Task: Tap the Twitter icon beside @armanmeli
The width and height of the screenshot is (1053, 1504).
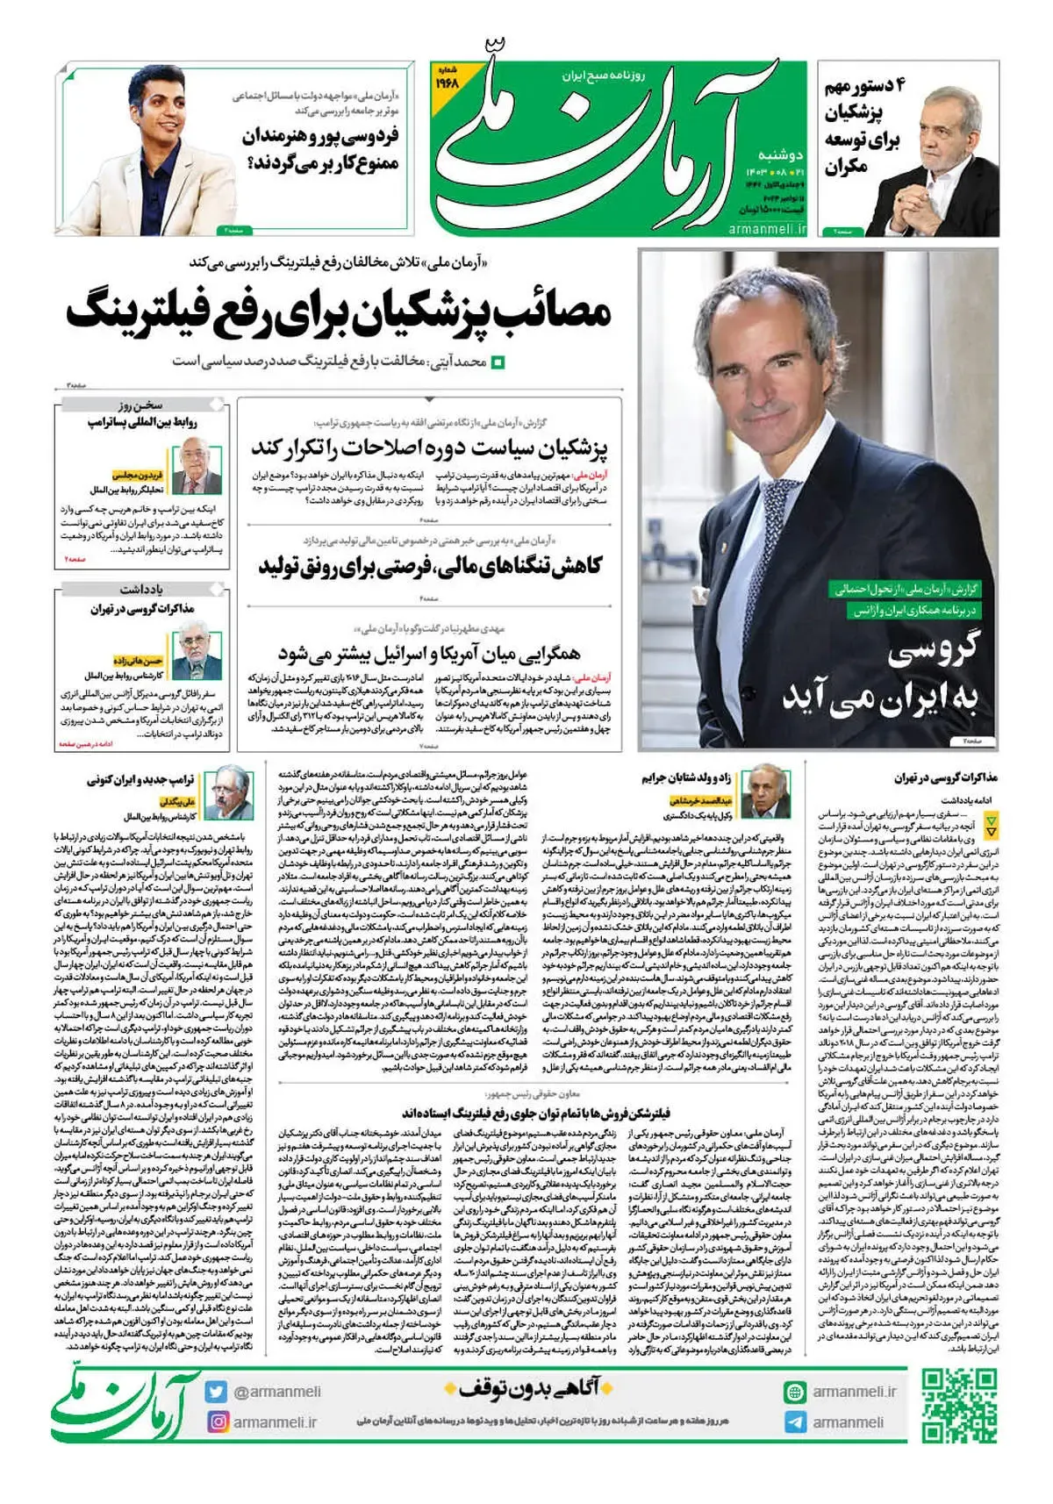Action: point(216,1392)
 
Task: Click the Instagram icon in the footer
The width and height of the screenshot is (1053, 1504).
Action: point(217,1422)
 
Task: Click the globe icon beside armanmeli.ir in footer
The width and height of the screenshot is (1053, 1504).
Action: point(795,1392)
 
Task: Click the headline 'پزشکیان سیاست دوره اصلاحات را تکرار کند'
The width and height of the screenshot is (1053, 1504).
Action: point(429,448)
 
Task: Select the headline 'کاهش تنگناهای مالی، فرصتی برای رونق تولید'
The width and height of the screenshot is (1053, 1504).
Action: point(429,566)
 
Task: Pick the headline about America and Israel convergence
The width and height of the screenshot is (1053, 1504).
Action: point(429,654)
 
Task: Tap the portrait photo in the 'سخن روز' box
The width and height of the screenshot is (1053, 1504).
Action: point(197,465)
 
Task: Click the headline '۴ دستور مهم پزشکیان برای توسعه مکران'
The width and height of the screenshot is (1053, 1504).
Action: point(863,125)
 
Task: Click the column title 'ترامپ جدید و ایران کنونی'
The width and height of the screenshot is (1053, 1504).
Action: point(140,779)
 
